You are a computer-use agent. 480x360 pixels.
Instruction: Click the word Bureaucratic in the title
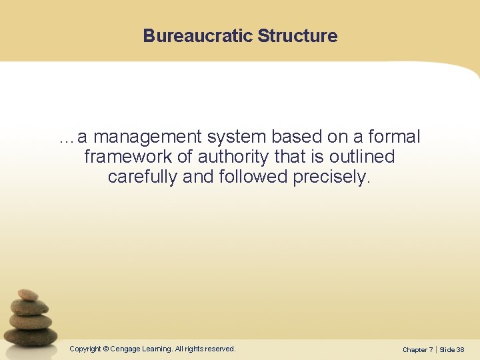point(197,36)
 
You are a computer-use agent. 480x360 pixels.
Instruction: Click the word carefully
point(141,178)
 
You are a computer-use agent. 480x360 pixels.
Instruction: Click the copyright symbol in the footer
point(106,349)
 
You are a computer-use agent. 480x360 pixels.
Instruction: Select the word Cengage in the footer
point(125,349)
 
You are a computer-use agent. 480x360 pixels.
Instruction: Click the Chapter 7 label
point(417,349)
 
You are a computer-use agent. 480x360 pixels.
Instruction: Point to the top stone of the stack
point(28,294)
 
